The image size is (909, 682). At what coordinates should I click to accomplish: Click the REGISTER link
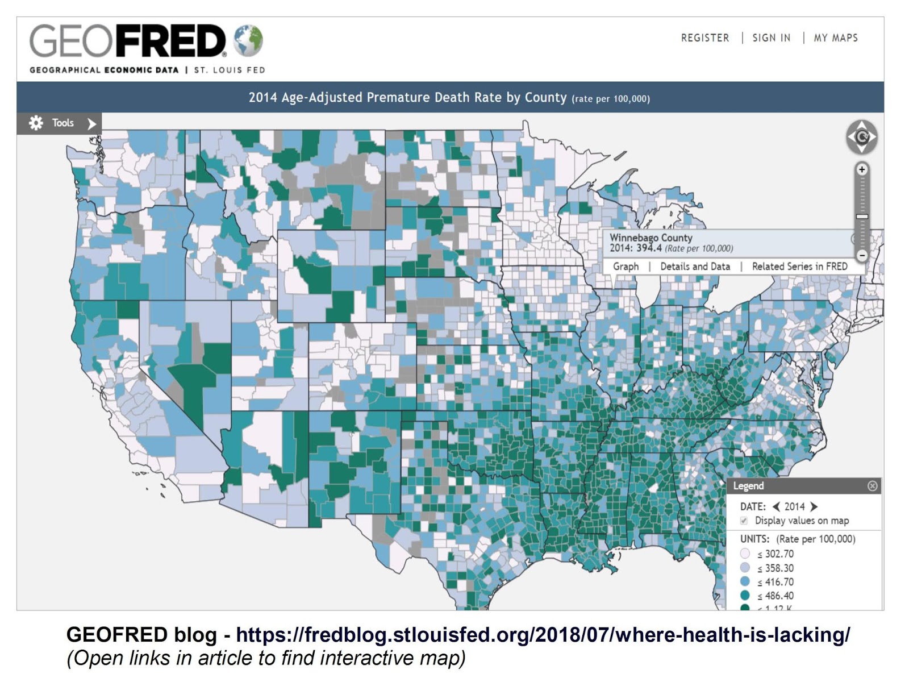tap(704, 38)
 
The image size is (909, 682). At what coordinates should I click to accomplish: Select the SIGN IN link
tap(771, 38)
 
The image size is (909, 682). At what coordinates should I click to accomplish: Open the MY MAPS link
tap(835, 38)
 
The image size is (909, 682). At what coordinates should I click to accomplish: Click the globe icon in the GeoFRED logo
tap(248, 40)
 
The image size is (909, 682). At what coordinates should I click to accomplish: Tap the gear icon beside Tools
tap(36, 123)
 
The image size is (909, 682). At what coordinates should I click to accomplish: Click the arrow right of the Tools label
tap(91, 123)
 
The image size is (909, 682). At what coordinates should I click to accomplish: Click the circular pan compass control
tap(862, 137)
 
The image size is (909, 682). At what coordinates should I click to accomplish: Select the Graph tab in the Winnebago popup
tap(626, 267)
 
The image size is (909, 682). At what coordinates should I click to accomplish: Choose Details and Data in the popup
tap(695, 267)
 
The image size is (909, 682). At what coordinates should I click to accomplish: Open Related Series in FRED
tap(799, 267)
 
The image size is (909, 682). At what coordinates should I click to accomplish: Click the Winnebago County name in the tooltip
tap(651, 238)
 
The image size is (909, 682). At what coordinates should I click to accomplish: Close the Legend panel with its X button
tap(872, 486)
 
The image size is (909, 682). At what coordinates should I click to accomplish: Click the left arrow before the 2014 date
tap(776, 506)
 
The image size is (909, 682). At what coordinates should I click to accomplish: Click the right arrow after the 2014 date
tap(814, 506)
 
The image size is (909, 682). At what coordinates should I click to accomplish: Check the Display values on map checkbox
tap(744, 521)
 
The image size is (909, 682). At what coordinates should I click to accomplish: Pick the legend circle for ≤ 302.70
tap(745, 554)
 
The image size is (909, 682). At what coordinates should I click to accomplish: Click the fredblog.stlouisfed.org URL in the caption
tap(543, 634)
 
